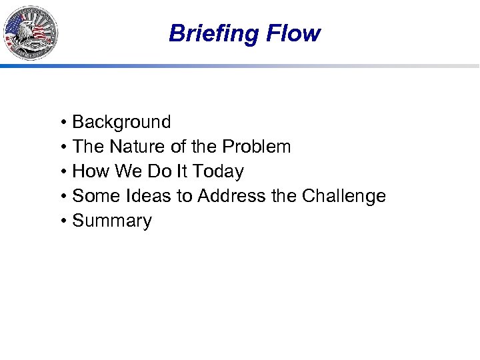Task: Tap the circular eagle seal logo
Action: [x=31, y=32]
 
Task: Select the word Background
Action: [x=121, y=122]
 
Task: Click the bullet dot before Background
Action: [x=62, y=123]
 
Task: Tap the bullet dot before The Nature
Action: [x=62, y=147]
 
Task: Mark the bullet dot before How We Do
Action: [x=62, y=172]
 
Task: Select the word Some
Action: [x=95, y=196]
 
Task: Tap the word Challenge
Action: [x=344, y=196]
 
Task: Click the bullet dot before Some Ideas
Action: [x=62, y=197]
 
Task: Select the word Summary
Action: [x=112, y=221]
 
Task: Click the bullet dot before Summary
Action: [x=62, y=221]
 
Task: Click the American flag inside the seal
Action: [x=15, y=28]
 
